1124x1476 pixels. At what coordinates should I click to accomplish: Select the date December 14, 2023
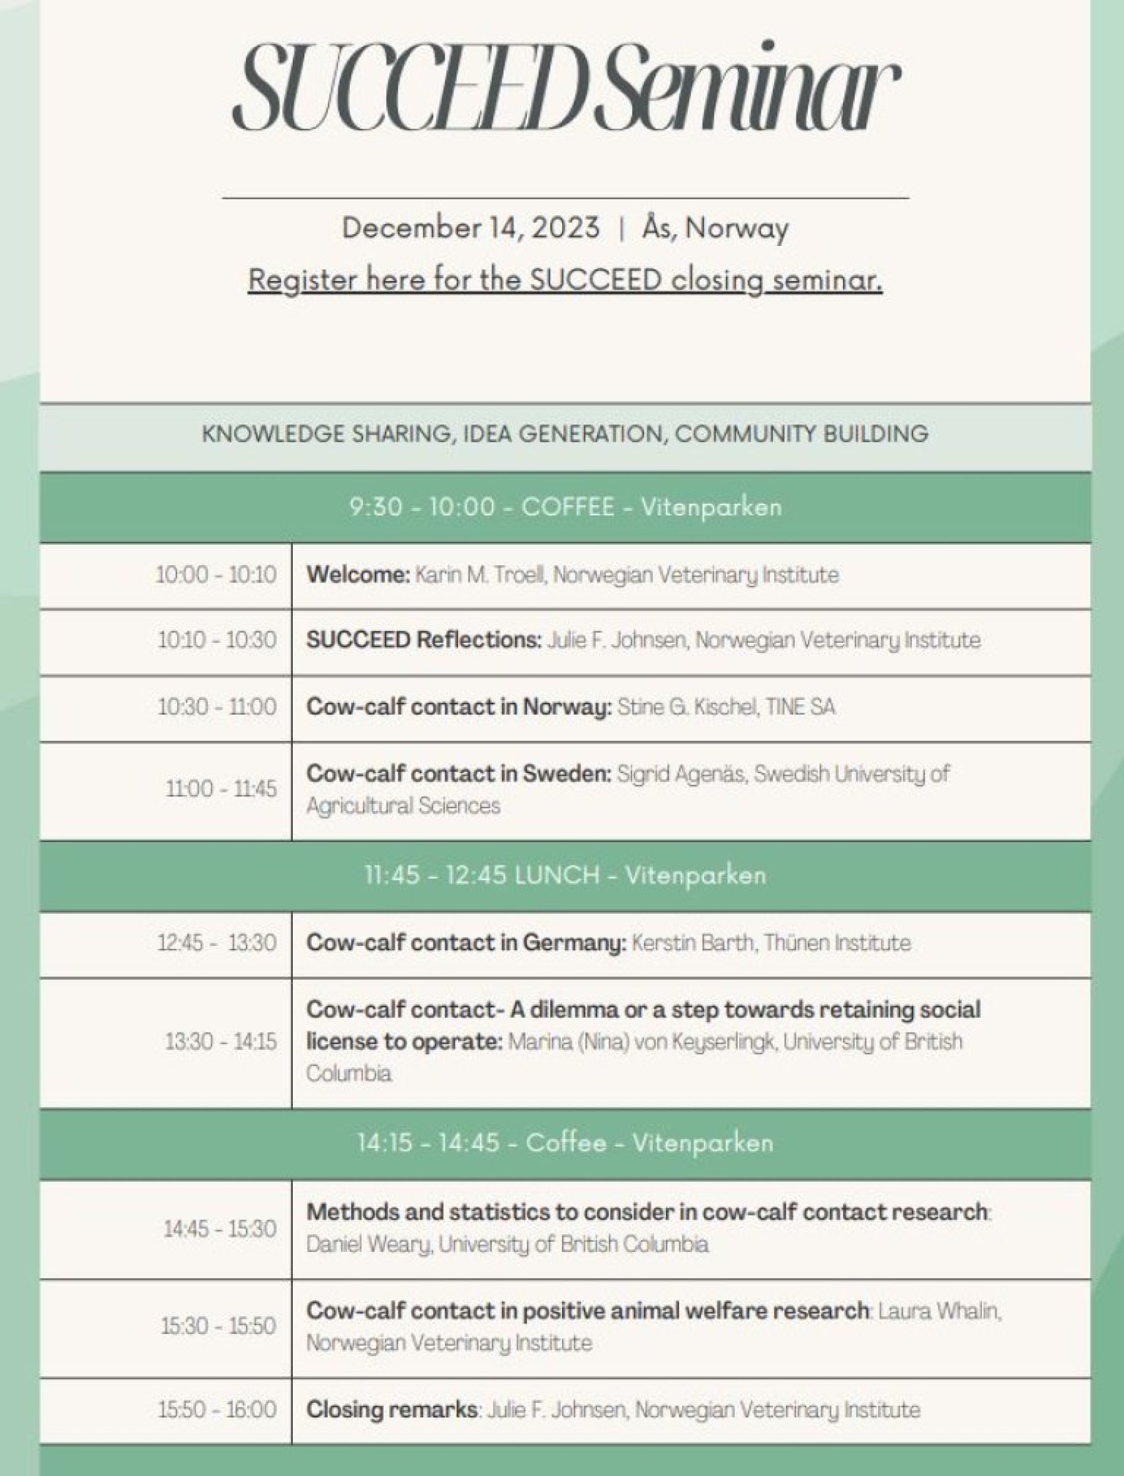coord(470,228)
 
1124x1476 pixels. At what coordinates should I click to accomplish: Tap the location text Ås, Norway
coord(715,228)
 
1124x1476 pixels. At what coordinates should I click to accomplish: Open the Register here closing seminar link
coord(565,280)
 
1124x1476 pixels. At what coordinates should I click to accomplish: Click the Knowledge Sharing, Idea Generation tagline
coord(565,434)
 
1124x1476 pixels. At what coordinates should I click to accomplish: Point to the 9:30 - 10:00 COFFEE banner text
coord(565,507)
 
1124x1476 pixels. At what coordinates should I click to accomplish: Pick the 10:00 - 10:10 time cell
coord(216,575)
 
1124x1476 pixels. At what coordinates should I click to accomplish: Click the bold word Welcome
coord(358,575)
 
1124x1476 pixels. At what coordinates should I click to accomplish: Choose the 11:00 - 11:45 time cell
coord(221,789)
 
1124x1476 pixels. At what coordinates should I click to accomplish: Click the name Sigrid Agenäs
coord(681,774)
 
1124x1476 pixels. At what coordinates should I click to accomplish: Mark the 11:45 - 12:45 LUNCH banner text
coord(565,875)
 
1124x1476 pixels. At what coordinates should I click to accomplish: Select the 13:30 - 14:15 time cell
coord(221,1042)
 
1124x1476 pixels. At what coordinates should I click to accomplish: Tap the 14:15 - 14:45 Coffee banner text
coord(565,1143)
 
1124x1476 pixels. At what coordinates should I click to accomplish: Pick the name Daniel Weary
coord(370,1245)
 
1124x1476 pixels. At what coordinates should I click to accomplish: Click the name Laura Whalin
coord(939,1311)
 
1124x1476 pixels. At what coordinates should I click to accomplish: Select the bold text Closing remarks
coord(392,1410)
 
